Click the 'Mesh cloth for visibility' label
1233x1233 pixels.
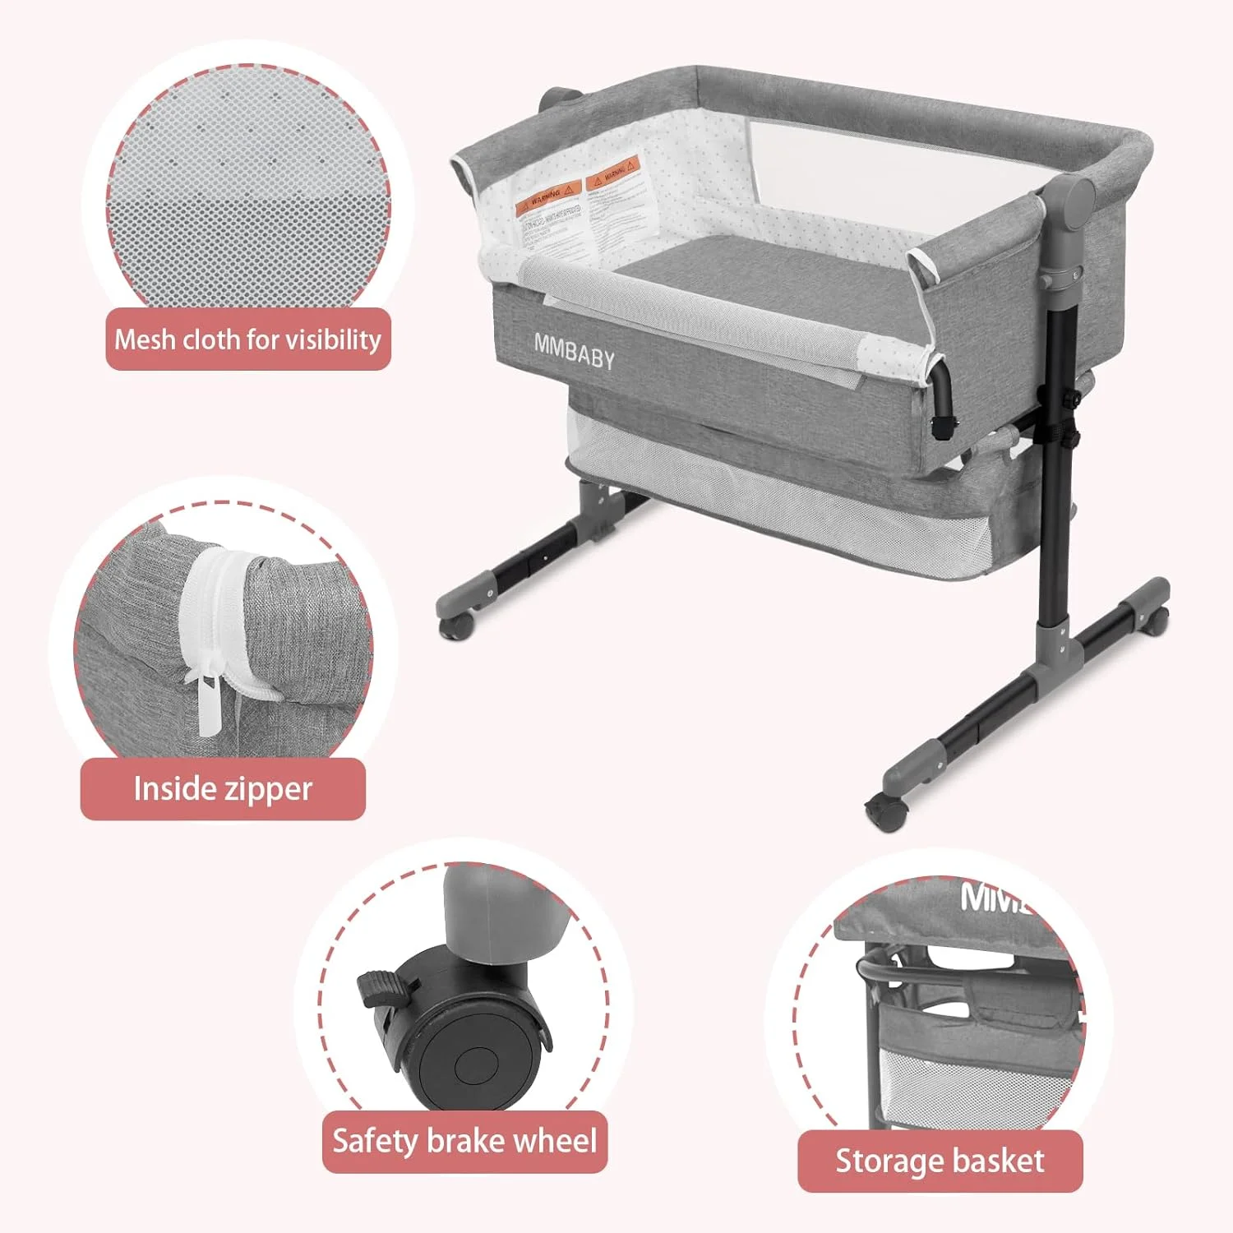[247, 339]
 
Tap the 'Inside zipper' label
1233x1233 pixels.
[222, 789]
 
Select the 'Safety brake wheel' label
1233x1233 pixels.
[464, 1142]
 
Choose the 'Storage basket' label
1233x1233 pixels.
[940, 1161]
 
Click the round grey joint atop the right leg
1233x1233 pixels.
[1076, 200]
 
